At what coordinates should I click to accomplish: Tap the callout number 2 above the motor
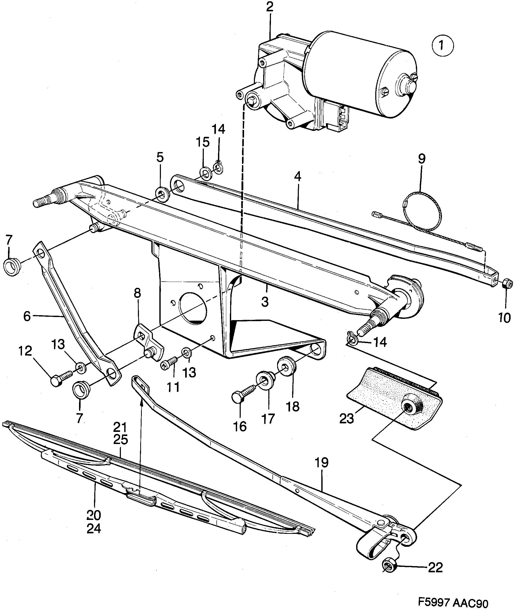(x=269, y=7)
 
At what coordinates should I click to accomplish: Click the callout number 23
(x=347, y=419)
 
